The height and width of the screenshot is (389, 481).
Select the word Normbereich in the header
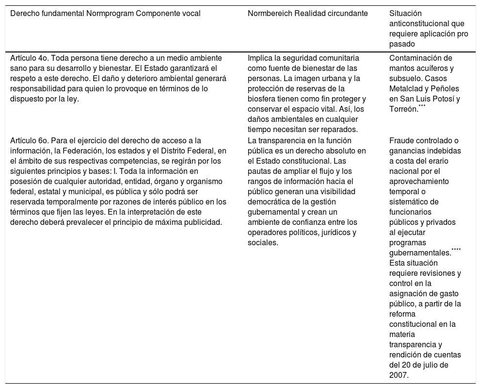268,14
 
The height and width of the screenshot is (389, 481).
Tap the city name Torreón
403,109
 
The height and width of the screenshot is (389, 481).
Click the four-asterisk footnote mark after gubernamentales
456,250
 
